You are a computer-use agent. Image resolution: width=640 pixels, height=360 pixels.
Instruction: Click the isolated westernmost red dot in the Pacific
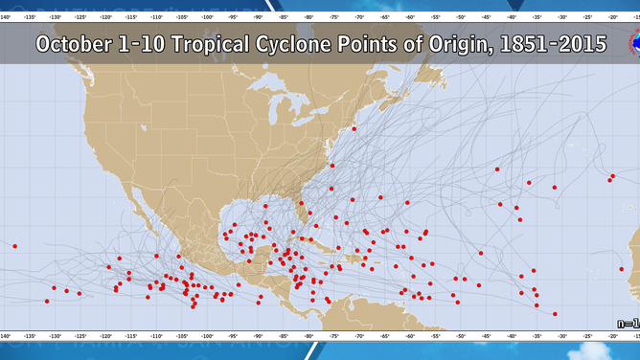[14, 246]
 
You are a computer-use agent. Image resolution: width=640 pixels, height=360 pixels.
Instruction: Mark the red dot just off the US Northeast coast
[354, 128]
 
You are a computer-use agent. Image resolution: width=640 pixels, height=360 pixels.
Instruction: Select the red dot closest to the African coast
[613, 176]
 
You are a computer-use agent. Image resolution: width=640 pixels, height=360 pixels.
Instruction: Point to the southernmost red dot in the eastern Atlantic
[555, 313]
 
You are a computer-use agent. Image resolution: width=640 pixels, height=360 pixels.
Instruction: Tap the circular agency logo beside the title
[632, 44]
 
